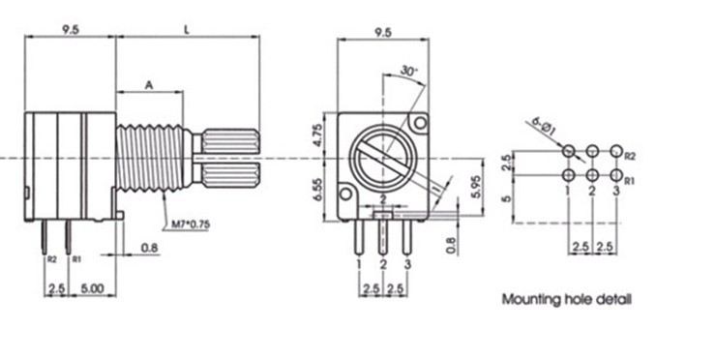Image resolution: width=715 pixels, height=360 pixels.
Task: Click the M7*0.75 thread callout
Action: point(191,224)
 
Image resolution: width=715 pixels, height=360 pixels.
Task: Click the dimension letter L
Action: point(187,30)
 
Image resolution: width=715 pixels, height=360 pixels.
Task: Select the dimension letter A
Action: point(149,85)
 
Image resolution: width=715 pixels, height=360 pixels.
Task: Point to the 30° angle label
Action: point(409,72)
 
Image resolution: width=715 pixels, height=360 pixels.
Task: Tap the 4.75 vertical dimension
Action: point(318,135)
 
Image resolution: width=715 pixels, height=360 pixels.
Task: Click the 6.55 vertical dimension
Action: point(318,190)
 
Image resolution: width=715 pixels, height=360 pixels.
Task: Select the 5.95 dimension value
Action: point(475,186)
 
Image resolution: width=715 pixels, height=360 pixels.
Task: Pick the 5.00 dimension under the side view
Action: point(92,288)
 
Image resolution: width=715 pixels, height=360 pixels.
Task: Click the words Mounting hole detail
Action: point(567,300)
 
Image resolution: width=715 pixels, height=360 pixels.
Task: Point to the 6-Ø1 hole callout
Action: point(543,128)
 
